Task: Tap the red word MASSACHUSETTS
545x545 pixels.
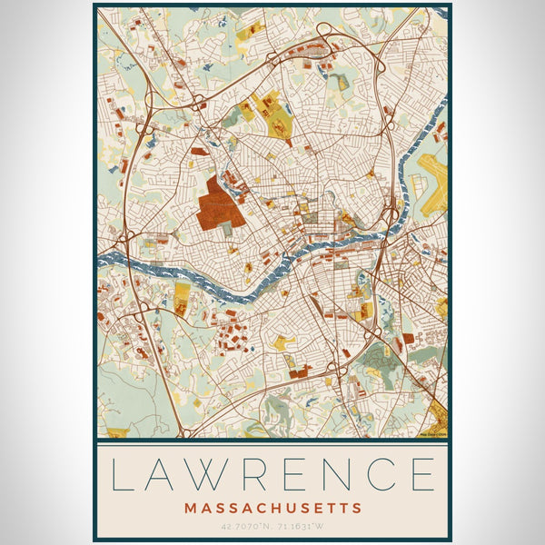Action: (272, 508)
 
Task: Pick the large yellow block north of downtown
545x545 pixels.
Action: (269, 109)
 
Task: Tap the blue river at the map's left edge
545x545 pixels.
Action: (114, 260)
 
